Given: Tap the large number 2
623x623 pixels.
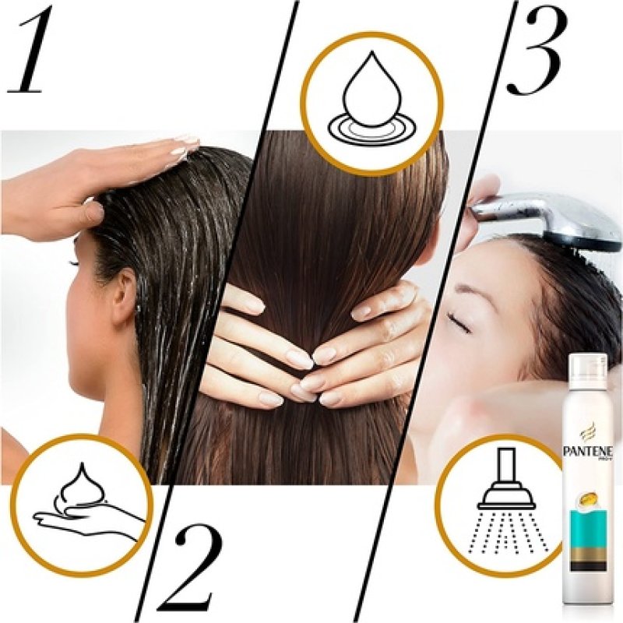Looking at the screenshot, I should pyautogui.click(x=189, y=567).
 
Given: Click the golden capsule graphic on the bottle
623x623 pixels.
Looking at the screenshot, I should pyautogui.click(x=588, y=491).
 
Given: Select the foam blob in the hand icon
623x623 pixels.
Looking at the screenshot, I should pyautogui.click(x=86, y=482).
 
